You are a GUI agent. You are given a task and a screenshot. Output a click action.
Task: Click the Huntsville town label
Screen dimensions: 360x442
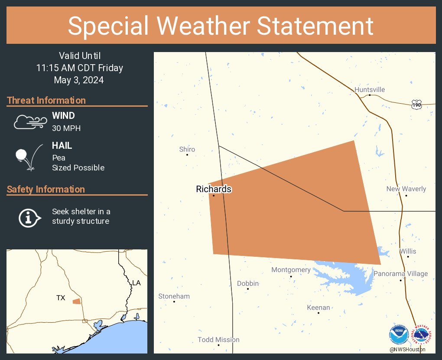369,90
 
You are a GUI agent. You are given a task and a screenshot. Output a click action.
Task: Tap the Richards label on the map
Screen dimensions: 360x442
214,189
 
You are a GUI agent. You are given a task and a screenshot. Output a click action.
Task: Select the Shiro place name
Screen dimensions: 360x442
187,149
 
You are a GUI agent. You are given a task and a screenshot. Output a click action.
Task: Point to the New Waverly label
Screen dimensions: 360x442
406,189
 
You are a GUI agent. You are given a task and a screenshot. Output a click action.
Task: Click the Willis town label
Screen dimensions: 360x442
408,251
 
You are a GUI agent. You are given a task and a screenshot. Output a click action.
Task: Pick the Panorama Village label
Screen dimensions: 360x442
400,274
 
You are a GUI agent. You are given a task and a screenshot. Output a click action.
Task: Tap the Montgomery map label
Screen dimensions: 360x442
291,270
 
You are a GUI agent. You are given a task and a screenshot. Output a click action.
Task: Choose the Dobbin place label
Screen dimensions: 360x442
248,284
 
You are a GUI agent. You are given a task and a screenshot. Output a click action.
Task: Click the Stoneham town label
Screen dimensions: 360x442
174,296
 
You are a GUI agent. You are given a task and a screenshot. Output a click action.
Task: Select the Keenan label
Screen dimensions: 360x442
318,308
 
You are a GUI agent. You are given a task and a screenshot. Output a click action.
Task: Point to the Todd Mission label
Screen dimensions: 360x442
218,340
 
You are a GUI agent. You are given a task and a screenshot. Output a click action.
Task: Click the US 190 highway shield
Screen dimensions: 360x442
416,104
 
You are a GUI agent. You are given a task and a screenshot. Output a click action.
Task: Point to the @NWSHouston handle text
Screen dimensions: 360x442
407,349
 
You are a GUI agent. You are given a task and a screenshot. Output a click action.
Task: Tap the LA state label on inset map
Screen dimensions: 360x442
136,283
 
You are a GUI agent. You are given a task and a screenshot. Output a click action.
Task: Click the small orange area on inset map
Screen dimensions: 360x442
76,301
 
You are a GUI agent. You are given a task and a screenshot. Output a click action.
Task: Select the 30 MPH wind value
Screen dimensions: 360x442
66,128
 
